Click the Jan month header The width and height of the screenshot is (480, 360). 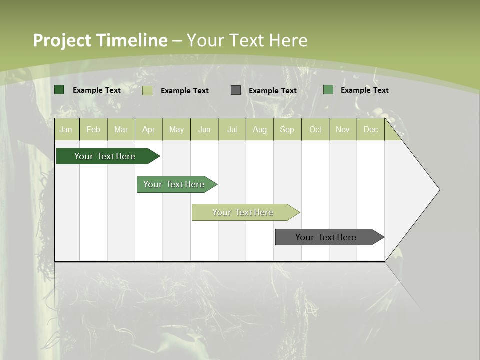pyautogui.click(x=66, y=129)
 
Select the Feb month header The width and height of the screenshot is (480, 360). pyautogui.click(x=93, y=129)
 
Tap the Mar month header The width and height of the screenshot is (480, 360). pyautogui.click(x=121, y=129)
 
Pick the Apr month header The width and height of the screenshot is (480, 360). pyautogui.click(x=149, y=129)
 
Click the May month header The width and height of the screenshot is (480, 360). pyautogui.click(x=176, y=129)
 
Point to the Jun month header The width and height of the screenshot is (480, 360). pyautogui.click(x=204, y=129)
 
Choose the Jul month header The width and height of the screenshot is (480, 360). pyautogui.click(x=232, y=129)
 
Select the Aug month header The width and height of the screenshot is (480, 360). pyautogui.click(x=260, y=129)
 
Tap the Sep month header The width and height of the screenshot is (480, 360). pyautogui.click(x=287, y=129)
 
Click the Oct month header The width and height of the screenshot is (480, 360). pyautogui.click(x=315, y=129)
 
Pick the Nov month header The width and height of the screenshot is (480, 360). pyautogui.click(x=343, y=129)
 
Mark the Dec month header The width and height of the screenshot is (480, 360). pyautogui.click(x=371, y=129)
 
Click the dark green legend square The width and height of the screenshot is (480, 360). pyautogui.click(x=59, y=90)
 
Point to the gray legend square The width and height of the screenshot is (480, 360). pyautogui.click(x=236, y=90)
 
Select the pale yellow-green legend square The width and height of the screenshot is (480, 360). pyautogui.click(x=147, y=90)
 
